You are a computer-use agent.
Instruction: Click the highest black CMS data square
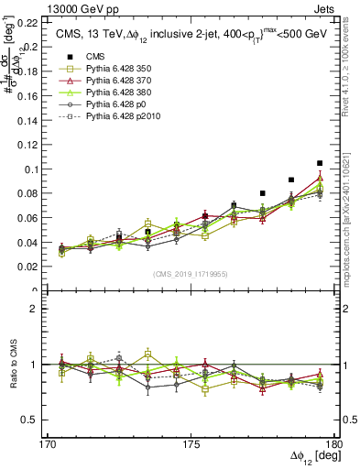pyautogui.click(x=320, y=163)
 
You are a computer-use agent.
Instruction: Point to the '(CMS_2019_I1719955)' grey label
pyautogui.click(x=191, y=273)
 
